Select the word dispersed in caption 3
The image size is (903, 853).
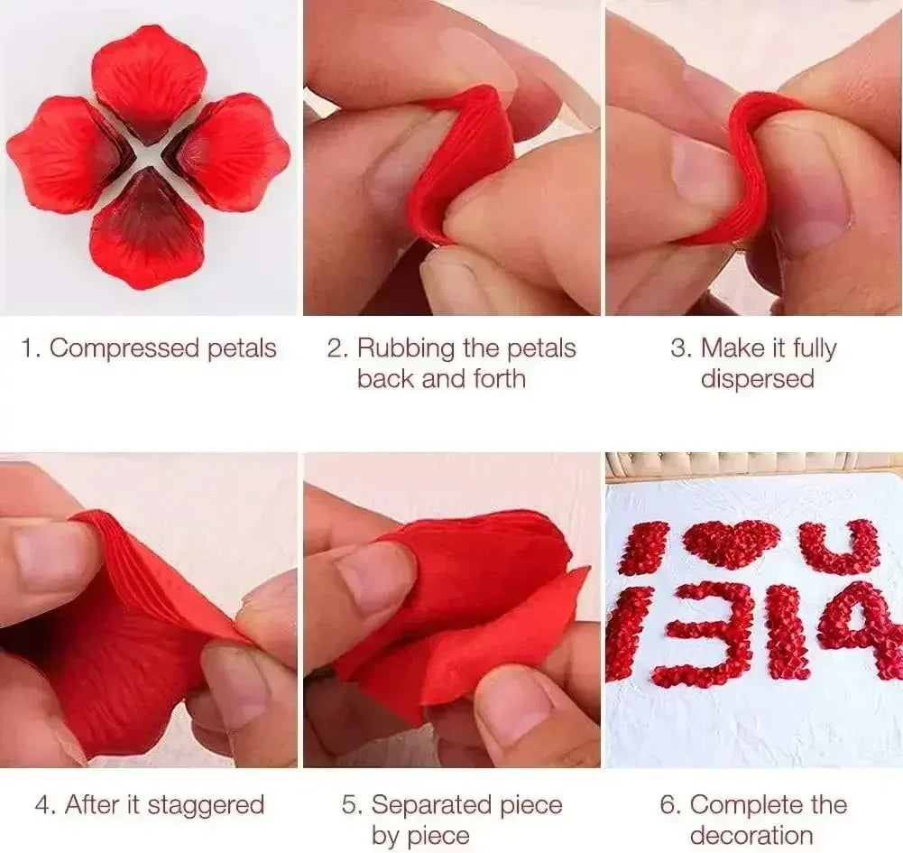[757, 378]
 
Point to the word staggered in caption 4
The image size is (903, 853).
[206, 804]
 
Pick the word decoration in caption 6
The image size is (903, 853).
[751, 835]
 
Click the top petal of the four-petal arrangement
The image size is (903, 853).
[150, 77]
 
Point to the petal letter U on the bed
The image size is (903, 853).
[841, 546]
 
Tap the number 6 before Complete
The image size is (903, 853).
[669, 804]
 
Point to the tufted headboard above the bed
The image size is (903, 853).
[753, 463]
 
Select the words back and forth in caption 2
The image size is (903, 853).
[441, 378]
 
